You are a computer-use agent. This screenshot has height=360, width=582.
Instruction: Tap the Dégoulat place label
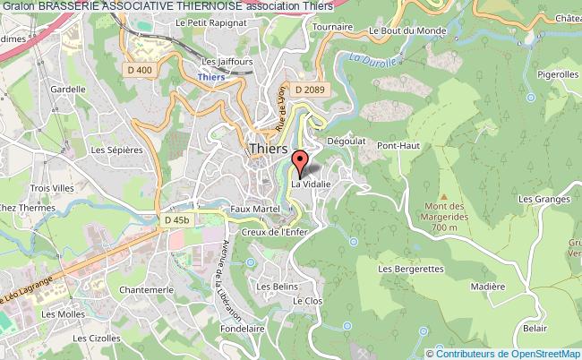point(341,141)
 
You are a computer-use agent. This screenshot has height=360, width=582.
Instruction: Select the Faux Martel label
point(251,208)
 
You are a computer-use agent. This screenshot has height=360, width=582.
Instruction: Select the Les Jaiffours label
point(222,62)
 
